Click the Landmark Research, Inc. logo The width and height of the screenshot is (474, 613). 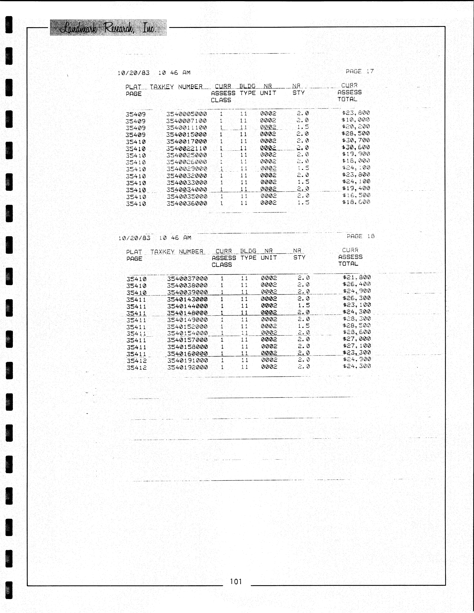[108, 28]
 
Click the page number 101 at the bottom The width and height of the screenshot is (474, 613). [236, 581]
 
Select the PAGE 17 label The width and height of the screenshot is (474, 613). [360, 71]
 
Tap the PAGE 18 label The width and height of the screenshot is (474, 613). [360, 236]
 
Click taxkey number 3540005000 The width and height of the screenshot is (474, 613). [187, 114]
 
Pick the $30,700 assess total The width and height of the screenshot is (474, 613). [356, 140]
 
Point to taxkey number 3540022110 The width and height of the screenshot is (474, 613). [187, 148]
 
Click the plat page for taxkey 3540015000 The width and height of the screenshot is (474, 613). [135, 135]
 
